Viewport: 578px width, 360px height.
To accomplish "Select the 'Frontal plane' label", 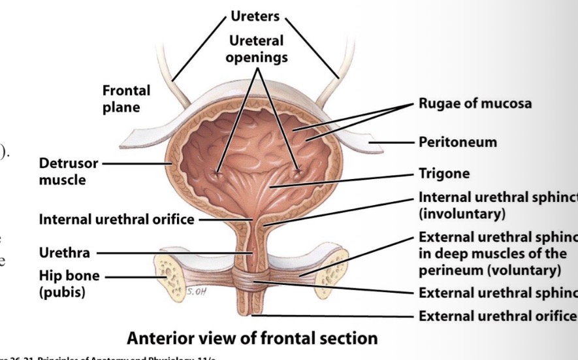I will coord(126,98).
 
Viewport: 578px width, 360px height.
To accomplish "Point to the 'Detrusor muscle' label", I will coord(62,171).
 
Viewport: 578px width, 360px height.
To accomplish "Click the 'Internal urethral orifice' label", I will coord(116,220).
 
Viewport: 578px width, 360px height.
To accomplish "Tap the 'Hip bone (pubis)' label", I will coord(71,284).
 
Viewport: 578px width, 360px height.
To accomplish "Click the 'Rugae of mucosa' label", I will coord(475,103).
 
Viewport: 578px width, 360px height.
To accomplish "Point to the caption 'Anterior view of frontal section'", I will coord(252,338).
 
